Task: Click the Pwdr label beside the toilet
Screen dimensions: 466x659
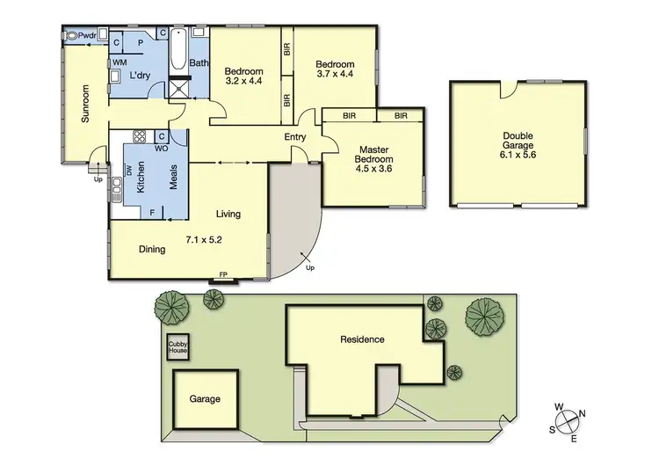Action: click(x=87, y=36)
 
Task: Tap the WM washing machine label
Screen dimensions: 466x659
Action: click(x=117, y=63)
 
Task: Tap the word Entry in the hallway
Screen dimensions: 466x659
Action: click(x=295, y=136)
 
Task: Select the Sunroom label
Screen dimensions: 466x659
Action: click(x=86, y=104)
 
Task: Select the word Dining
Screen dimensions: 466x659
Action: click(x=152, y=250)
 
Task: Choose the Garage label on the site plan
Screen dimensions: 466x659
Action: click(x=205, y=398)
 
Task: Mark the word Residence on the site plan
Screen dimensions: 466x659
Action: click(x=362, y=339)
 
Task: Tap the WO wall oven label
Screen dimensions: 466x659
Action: click(x=162, y=149)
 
